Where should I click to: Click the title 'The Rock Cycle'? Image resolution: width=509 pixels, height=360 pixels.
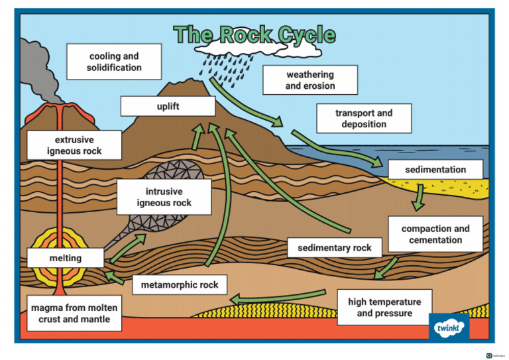coord(254,35)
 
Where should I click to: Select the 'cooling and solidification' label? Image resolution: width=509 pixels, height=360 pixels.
coord(114,62)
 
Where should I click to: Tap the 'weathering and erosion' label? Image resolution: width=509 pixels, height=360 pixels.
coord(310,80)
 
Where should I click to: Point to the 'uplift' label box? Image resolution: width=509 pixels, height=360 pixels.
coord(168,106)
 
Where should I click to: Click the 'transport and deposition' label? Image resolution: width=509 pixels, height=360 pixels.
coord(364,119)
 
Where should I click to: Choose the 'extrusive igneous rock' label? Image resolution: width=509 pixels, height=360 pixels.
coord(74,145)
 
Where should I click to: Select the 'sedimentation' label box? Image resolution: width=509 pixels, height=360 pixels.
coord(435,170)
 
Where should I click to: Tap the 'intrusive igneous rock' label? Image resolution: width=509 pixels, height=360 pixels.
coord(164,197)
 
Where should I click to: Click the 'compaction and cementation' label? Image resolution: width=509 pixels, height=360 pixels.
coord(435,234)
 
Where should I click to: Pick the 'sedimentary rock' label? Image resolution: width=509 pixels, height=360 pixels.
coord(335,248)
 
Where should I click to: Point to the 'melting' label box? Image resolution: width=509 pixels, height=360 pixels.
coord(66,258)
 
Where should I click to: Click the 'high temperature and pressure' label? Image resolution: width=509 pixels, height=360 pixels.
coord(384,308)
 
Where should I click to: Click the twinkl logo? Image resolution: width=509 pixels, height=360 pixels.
coord(449,327)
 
